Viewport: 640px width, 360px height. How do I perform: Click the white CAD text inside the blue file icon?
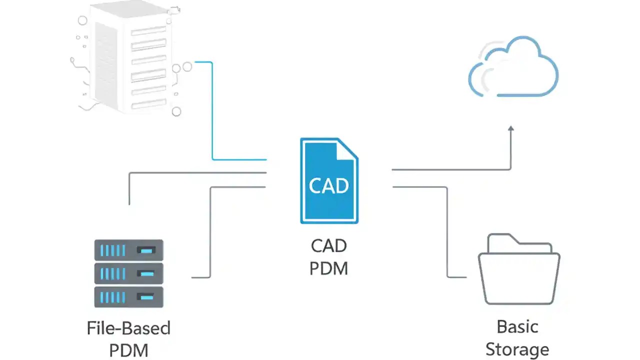[x=328, y=185]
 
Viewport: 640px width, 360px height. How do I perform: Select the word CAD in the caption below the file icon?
[x=328, y=246]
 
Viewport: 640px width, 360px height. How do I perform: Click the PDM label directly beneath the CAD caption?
[x=328, y=268]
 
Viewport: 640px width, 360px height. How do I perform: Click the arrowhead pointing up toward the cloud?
[x=510, y=129]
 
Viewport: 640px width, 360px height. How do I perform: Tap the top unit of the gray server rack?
[x=129, y=249]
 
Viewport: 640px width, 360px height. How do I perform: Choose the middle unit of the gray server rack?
[x=129, y=273]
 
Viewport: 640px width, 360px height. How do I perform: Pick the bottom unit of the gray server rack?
[x=129, y=296]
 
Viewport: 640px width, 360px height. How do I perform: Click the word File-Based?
[x=128, y=328]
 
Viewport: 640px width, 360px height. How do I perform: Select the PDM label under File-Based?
[x=128, y=350]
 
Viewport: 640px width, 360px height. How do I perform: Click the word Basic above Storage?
[x=517, y=326]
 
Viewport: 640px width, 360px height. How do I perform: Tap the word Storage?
[x=517, y=349]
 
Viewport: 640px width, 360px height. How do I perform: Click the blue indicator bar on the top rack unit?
[x=146, y=249]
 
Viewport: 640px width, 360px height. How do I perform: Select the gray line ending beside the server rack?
[x=210, y=235]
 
